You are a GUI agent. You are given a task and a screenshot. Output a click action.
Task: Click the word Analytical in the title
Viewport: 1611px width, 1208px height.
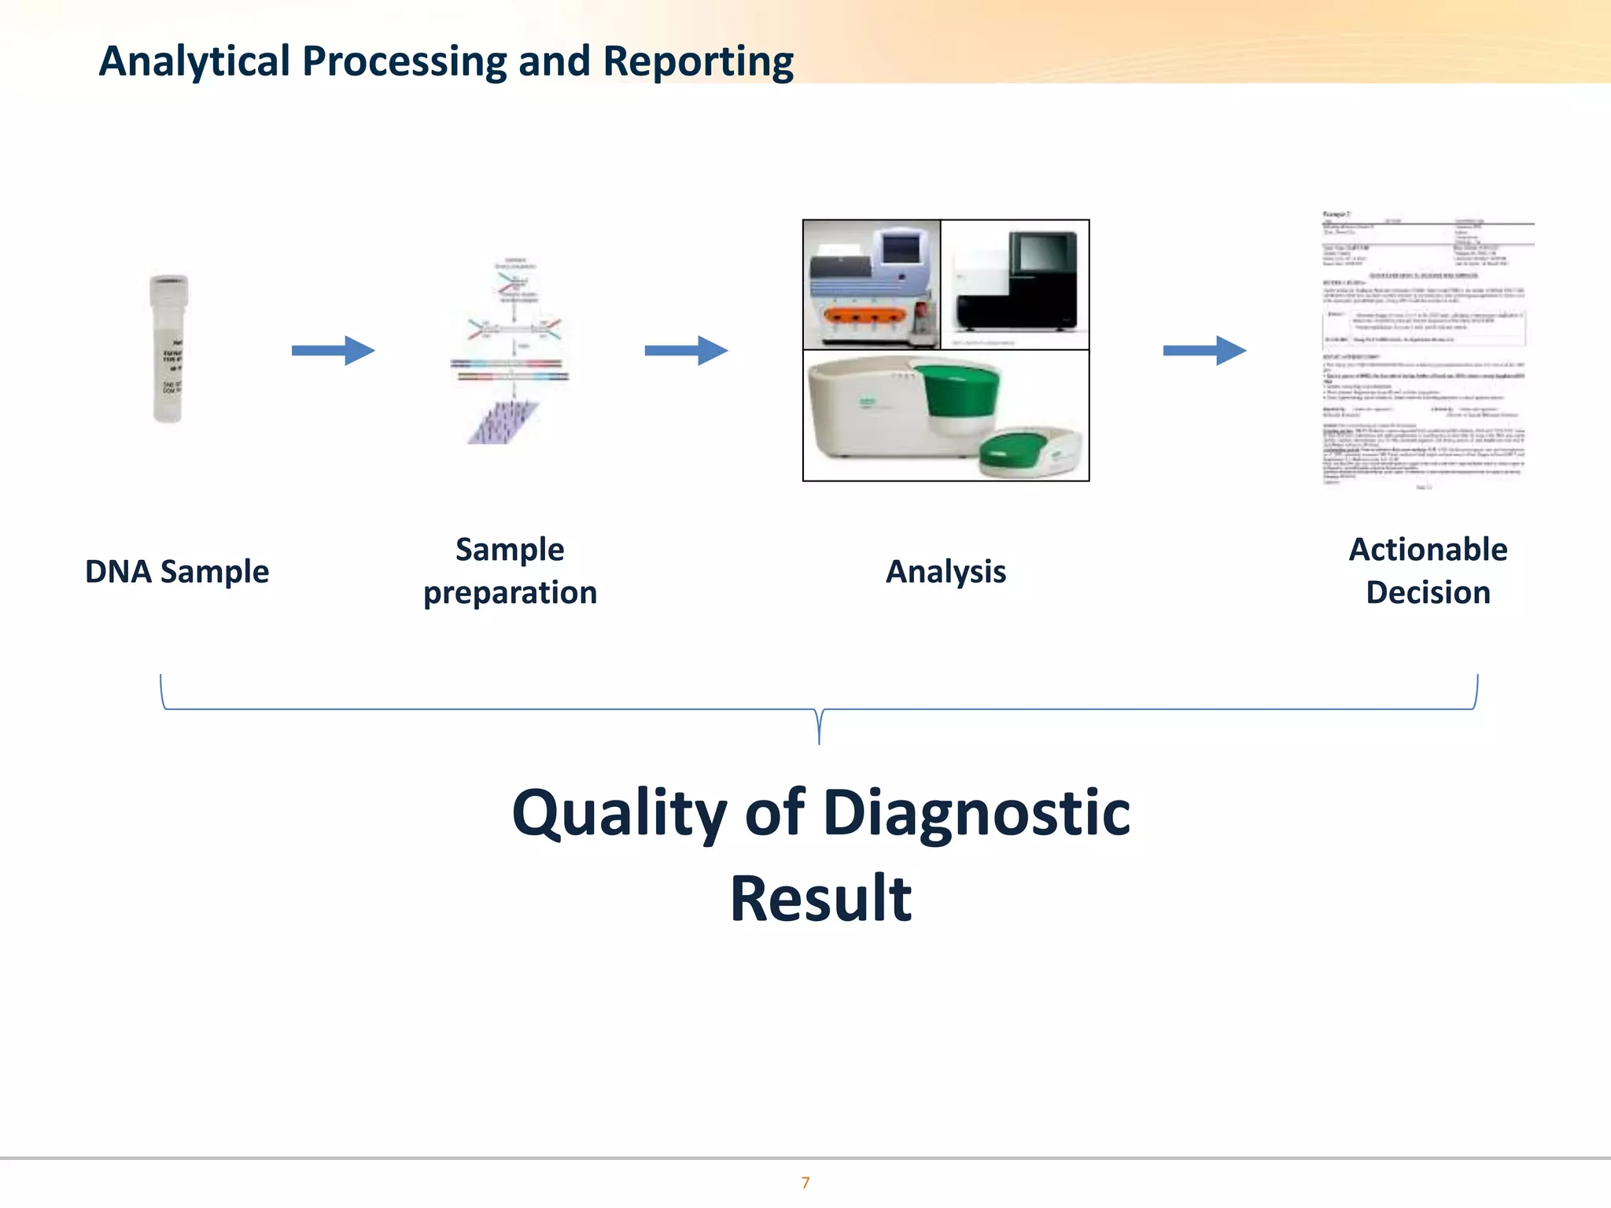(194, 61)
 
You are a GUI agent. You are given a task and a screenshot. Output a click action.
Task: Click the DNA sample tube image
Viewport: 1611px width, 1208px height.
(168, 348)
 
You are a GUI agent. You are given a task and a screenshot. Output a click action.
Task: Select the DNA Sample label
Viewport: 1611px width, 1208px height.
(177, 572)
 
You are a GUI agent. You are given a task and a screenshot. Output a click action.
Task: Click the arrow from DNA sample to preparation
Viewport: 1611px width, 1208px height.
(333, 350)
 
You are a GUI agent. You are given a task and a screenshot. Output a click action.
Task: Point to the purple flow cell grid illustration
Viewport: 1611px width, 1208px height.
(502, 422)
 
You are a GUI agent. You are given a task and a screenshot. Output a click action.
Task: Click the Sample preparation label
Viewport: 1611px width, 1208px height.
(510, 571)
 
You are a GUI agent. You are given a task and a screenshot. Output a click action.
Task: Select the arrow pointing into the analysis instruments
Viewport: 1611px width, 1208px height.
(686, 350)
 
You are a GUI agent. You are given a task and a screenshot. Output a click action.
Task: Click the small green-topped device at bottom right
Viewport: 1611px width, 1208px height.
(1030, 451)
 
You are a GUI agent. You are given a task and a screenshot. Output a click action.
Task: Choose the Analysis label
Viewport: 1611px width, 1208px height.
(946, 572)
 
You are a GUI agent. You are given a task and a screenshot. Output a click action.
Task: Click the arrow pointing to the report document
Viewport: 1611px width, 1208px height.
(1204, 350)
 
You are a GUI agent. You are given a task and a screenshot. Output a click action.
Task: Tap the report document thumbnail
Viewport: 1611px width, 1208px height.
(1425, 350)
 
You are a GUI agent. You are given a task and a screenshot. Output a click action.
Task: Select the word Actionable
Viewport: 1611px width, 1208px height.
(1428, 550)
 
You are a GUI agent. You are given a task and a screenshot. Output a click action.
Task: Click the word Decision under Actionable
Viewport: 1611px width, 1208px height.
(1428, 592)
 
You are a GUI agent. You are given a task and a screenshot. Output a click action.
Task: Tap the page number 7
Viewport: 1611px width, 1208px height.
(805, 1182)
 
